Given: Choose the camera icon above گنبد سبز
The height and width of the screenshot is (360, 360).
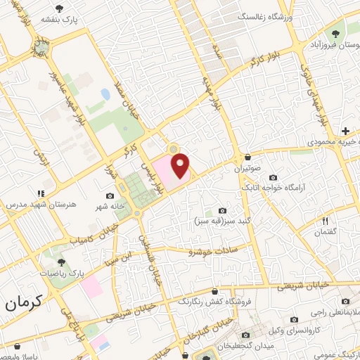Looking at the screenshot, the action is (x=223, y=210).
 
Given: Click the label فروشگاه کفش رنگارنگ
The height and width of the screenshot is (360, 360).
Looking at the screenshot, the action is (x=212, y=302).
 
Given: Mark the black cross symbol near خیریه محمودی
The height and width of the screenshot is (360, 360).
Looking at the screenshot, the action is (x=345, y=131).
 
